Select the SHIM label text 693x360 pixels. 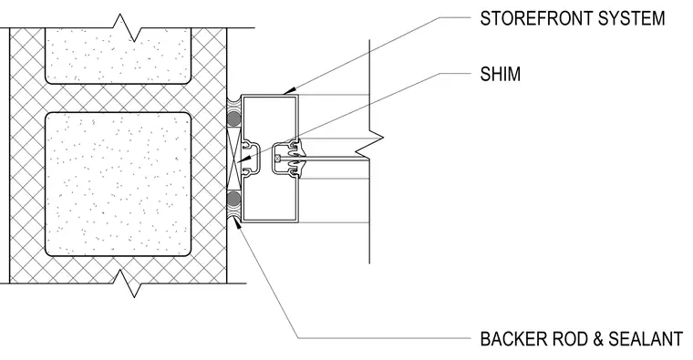501,74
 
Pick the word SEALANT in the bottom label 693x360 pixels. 646,339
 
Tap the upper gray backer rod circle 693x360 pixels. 233,118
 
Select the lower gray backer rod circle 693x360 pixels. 233,199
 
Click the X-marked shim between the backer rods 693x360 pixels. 233,159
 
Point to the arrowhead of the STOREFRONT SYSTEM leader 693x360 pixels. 288,91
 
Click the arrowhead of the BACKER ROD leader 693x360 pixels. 237,222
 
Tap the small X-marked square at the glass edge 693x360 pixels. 277,159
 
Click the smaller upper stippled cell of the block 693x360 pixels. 119,56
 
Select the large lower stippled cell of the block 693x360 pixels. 119,184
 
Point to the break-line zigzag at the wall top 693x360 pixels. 127,27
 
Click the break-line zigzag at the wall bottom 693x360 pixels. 127,283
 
